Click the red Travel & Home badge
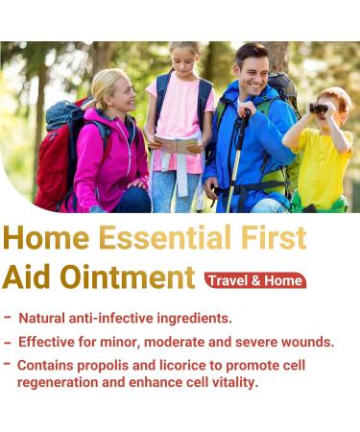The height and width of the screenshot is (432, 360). (254, 279)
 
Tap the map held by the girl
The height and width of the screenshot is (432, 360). (175, 144)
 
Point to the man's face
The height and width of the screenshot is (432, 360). (252, 70)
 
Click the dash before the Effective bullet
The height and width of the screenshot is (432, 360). (8, 341)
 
